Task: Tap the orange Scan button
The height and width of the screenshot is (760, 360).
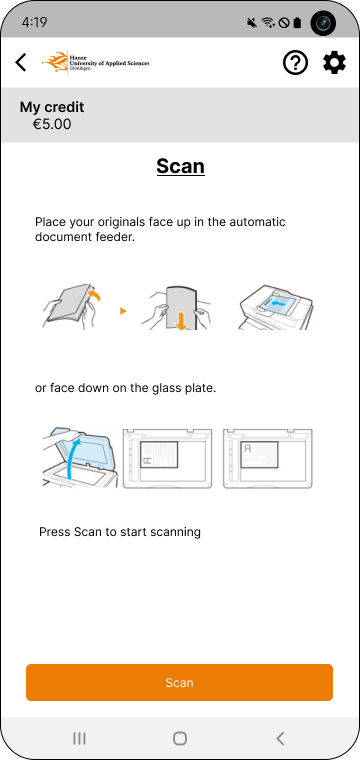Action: point(179,682)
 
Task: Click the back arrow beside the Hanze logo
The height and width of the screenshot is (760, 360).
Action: point(21,63)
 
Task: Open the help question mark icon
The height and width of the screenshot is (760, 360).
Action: point(295,63)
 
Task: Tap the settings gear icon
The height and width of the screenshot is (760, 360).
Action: point(334,63)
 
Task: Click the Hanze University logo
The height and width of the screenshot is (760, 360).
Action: point(95,62)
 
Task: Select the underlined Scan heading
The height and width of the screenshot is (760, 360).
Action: point(180,166)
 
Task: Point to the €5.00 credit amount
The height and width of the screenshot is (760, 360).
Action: point(52,125)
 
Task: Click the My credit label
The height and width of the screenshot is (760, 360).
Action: point(52,107)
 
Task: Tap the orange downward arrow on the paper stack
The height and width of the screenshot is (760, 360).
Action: point(181,322)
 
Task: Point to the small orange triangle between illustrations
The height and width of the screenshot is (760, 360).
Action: point(123,311)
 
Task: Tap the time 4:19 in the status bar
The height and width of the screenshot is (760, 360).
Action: point(34,22)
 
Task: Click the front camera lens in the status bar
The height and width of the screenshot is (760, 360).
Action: point(323,23)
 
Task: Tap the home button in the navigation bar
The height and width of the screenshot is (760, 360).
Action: point(180,738)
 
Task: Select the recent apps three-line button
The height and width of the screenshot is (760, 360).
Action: point(79,738)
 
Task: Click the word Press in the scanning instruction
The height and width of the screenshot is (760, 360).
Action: point(55,532)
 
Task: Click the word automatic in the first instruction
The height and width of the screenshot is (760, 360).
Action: point(257,222)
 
